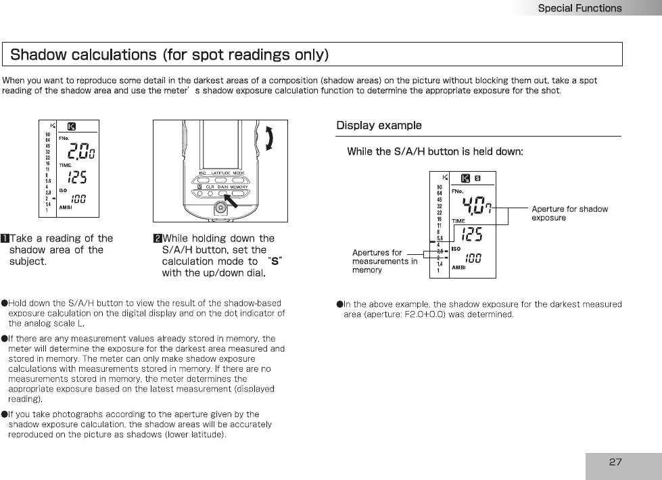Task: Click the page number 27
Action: coord(615,462)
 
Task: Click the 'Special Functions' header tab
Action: coord(580,8)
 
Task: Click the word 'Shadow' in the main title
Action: coord(41,53)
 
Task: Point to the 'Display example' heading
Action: coord(379,126)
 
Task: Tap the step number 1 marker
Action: coord(5,238)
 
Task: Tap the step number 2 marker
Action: coord(157,238)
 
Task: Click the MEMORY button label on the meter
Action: coord(239,187)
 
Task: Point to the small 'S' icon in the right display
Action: coord(477,179)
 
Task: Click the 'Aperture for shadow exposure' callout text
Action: coord(569,213)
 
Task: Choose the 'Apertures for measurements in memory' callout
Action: coord(385,262)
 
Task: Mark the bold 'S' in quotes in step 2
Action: coord(275,262)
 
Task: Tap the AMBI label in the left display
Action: coord(66,208)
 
